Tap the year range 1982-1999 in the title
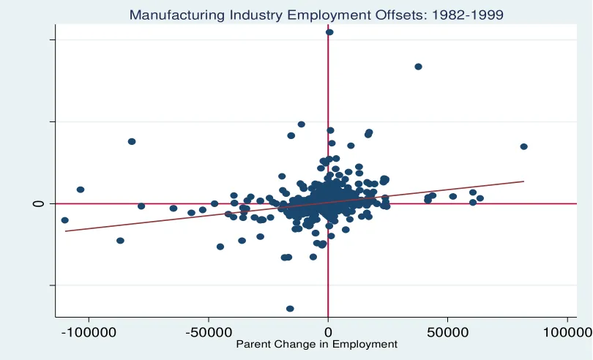tap(467, 15)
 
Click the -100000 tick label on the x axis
tap(89, 332)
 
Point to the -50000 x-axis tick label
tap(209, 332)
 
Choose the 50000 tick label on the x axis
tap(448, 332)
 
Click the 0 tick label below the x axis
tap(328, 332)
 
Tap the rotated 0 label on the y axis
tap(39, 204)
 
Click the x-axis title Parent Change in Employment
tap(316, 345)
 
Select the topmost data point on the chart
tap(329, 32)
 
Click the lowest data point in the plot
tap(290, 309)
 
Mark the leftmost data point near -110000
tap(65, 220)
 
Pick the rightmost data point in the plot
tap(523, 146)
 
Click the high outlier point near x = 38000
tap(418, 67)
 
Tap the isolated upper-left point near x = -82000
tap(132, 141)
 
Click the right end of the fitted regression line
tap(524, 181)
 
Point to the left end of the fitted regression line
tap(65, 231)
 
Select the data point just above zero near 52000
tap(452, 196)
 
